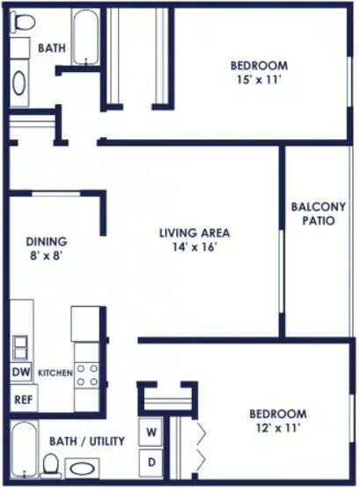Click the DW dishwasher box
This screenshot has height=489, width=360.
click(x=21, y=372)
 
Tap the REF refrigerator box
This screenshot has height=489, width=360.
click(x=24, y=398)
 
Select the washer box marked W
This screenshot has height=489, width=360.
click(x=151, y=433)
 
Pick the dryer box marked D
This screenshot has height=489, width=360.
click(x=151, y=463)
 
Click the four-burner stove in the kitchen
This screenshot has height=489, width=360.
click(x=87, y=374)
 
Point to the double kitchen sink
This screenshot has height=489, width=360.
click(x=19, y=348)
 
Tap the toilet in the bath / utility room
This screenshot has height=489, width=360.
click(x=51, y=466)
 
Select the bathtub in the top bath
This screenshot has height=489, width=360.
click(x=86, y=37)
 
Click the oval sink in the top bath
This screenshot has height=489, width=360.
click(x=19, y=83)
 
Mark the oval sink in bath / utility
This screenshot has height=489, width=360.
click(x=82, y=469)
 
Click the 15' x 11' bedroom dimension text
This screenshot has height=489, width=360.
click(x=260, y=80)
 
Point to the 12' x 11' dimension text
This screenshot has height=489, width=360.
click(x=278, y=428)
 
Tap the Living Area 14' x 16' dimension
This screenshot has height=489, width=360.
click(x=195, y=248)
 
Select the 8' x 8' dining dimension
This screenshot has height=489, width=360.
click(x=47, y=256)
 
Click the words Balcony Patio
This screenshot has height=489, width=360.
click(x=319, y=213)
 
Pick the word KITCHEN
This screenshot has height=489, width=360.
click(x=55, y=373)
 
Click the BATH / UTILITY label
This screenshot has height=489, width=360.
click(x=87, y=441)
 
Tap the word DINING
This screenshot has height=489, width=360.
click(x=47, y=241)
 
